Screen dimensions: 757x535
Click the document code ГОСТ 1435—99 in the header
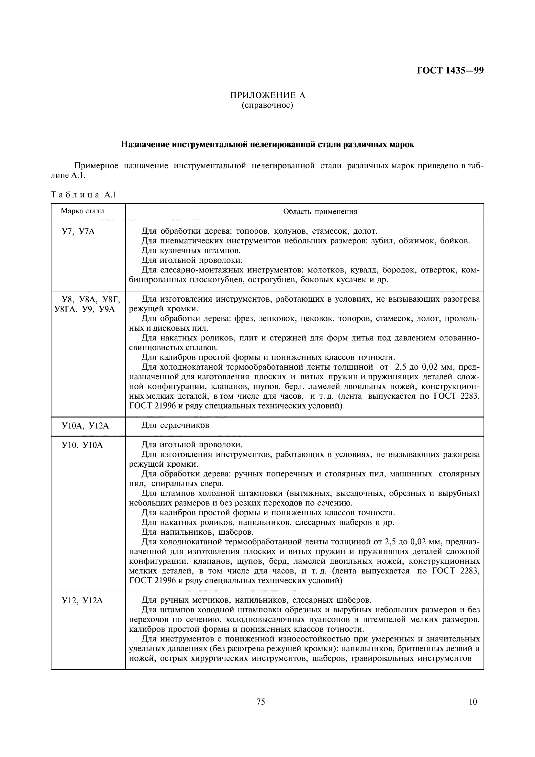(450, 71)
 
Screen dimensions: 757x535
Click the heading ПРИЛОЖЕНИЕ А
(267, 95)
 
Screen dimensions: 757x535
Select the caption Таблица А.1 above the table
(84, 195)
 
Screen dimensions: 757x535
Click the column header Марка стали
(83, 211)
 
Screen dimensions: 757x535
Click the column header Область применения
(320, 212)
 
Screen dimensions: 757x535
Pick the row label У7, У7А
(78, 232)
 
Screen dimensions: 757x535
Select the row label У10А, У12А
(85, 426)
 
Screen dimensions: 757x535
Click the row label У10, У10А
(83, 445)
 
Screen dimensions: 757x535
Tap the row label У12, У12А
(83, 601)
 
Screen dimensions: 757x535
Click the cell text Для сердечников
(175, 425)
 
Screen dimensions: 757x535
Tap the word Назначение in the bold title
(145, 144)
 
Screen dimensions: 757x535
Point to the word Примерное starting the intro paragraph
(96, 166)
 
